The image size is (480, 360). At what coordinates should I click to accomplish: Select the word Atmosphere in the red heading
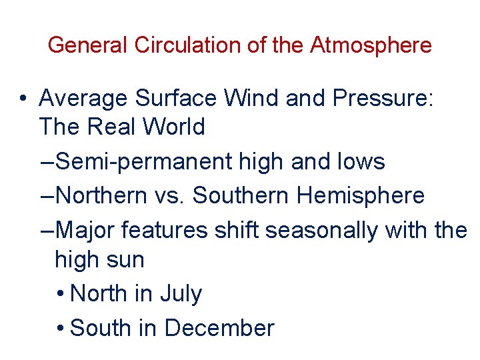(x=371, y=45)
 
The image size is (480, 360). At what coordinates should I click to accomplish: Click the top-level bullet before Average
(x=23, y=99)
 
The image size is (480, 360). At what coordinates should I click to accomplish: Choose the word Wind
(x=253, y=99)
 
